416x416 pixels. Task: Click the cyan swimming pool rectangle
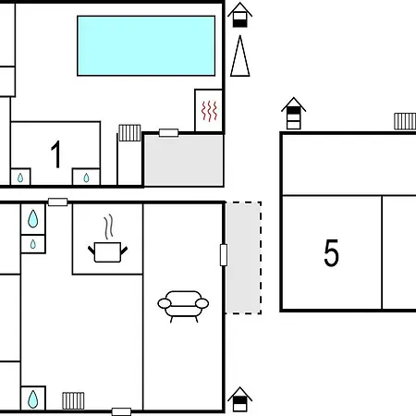(146, 45)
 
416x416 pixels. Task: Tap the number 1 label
(56, 154)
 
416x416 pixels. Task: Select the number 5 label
(332, 252)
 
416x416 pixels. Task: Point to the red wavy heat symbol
(209, 111)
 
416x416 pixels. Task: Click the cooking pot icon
(107, 252)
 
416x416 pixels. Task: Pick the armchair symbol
(183, 306)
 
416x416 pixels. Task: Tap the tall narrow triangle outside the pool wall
(240, 56)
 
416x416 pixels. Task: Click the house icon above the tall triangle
(240, 15)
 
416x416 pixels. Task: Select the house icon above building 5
(293, 113)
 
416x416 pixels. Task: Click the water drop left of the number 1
(20, 177)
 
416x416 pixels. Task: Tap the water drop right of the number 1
(86, 177)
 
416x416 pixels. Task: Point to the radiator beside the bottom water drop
(73, 400)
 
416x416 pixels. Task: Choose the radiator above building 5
(405, 121)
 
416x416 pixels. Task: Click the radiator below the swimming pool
(129, 133)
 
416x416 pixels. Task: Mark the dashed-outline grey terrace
(243, 258)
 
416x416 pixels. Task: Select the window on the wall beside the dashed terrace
(224, 255)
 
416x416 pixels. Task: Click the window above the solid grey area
(168, 133)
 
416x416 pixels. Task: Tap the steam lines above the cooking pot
(108, 227)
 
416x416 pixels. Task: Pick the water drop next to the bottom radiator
(33, 399)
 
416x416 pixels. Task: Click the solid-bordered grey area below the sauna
(184, 160)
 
